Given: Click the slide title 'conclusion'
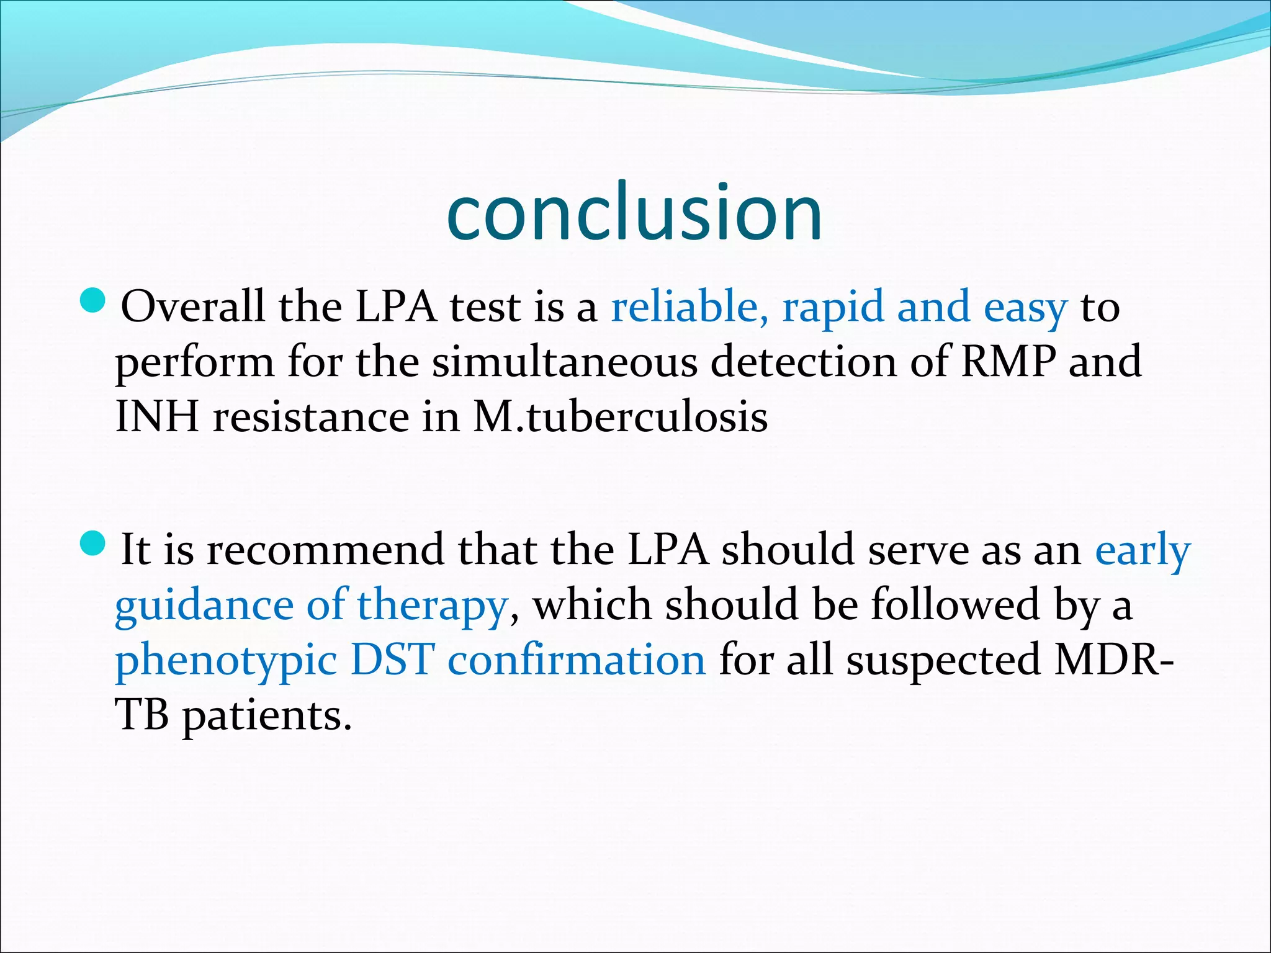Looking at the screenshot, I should click(x=634, y=212).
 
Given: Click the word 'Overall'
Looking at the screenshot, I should click(x=193, y=306).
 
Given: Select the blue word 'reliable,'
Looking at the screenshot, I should click(x=689, y=306).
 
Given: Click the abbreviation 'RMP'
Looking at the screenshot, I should click(x=1008, y=361).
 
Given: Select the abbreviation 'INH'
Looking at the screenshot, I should click(x=157, y=416).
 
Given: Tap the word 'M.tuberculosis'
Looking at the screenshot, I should click(x=620, y=416).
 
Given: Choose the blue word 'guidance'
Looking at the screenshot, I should click(x=204, y=606).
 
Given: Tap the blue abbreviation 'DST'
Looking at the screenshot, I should click(x=392, y=660).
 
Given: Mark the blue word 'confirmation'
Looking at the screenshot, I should click(x=577, y=660).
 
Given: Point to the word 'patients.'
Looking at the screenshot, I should click(x=267, y=716).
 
